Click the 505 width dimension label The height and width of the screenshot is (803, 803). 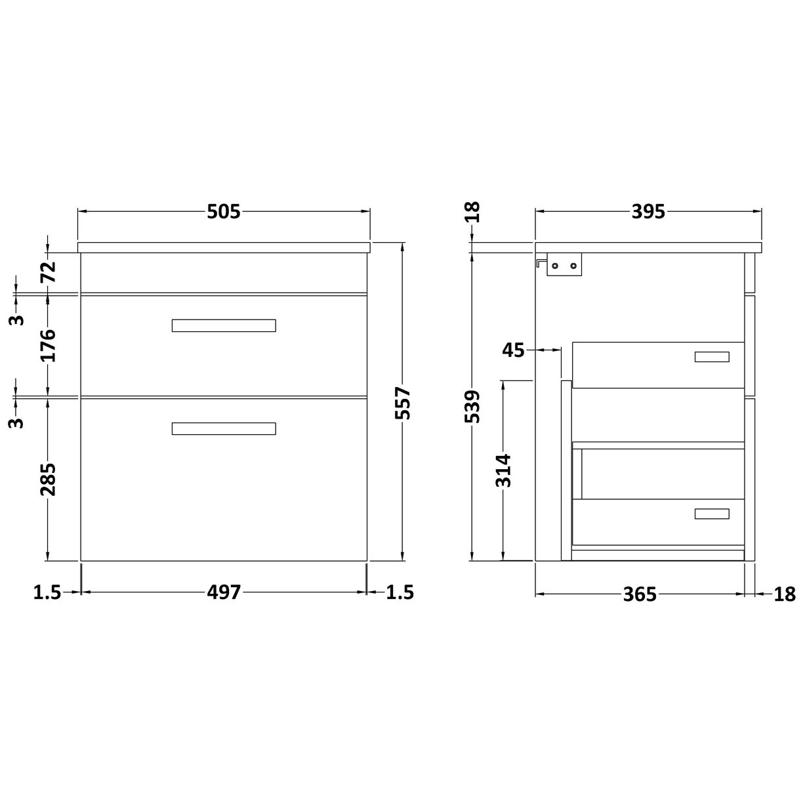224,212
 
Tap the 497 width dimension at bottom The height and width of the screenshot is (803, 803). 224,593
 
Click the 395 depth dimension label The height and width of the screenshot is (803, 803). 648,212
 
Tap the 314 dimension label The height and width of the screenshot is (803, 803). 504,470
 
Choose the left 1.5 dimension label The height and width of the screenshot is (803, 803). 47,593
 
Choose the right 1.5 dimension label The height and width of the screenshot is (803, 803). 400,593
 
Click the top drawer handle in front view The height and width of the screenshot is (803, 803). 224,325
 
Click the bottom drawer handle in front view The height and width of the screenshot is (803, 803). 224,428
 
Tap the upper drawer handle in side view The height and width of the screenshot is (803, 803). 712,356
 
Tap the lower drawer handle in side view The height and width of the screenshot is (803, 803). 712,514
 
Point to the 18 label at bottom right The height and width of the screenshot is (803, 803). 785,594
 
